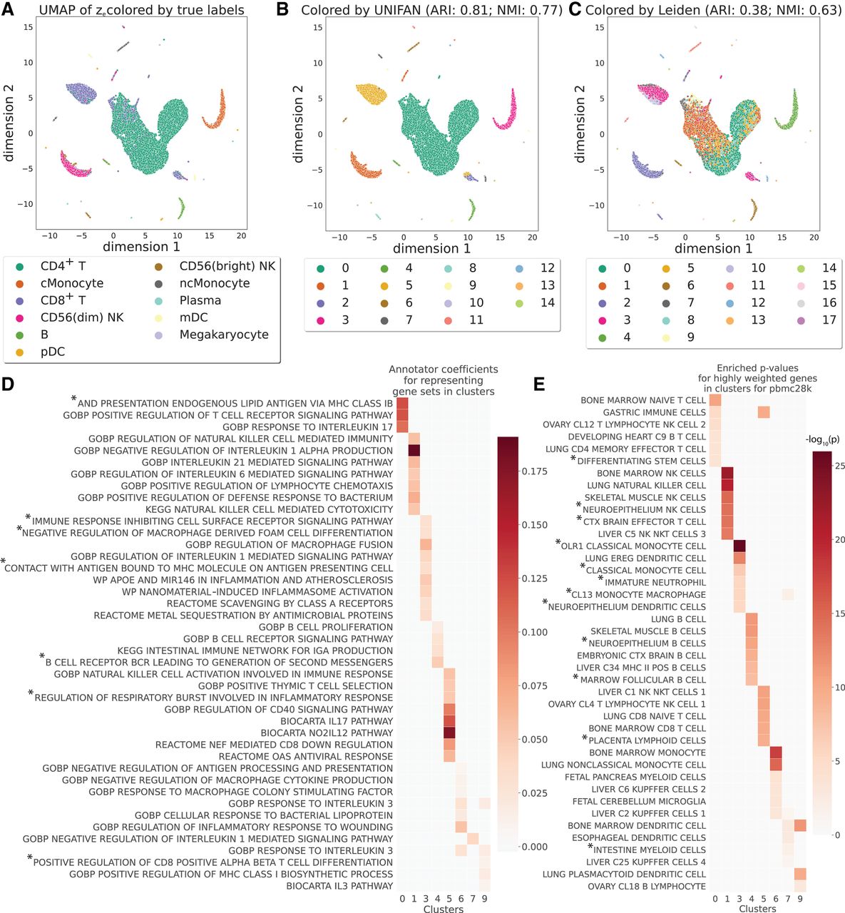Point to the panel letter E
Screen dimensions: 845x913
pos(539,384)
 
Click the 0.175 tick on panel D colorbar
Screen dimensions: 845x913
pos(535,471)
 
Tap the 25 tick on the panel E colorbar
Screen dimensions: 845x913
pos(840,466)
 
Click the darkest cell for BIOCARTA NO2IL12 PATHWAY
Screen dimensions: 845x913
pos(449,733)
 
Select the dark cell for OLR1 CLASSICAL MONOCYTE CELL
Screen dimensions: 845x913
pos(739,546)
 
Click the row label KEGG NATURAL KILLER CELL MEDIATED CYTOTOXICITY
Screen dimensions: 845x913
pos(269,509)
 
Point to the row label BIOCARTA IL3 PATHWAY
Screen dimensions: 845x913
pos(339,886)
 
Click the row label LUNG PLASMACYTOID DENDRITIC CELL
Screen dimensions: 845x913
pos(624,874)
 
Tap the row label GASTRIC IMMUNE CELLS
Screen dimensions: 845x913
pos(654,412)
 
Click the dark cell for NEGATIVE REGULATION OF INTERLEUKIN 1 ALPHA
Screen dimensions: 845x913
pos(414,451)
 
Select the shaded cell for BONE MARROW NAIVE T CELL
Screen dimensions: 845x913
pos(715,400)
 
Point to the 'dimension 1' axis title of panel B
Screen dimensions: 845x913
pos(431,249)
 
